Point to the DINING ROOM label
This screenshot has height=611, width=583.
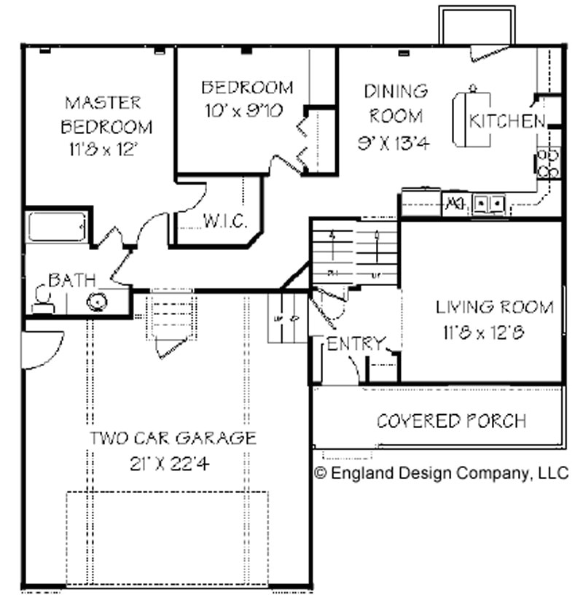(396, 103)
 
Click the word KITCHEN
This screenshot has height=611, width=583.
(506, 121)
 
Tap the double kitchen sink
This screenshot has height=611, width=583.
(489, 203)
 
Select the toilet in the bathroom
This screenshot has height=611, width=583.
(42, 300)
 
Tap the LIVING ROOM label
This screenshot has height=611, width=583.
(494, 307)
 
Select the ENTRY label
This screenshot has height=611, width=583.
(354, 343)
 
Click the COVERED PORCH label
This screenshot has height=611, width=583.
(451, 421)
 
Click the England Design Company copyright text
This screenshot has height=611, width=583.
(441, 473)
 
